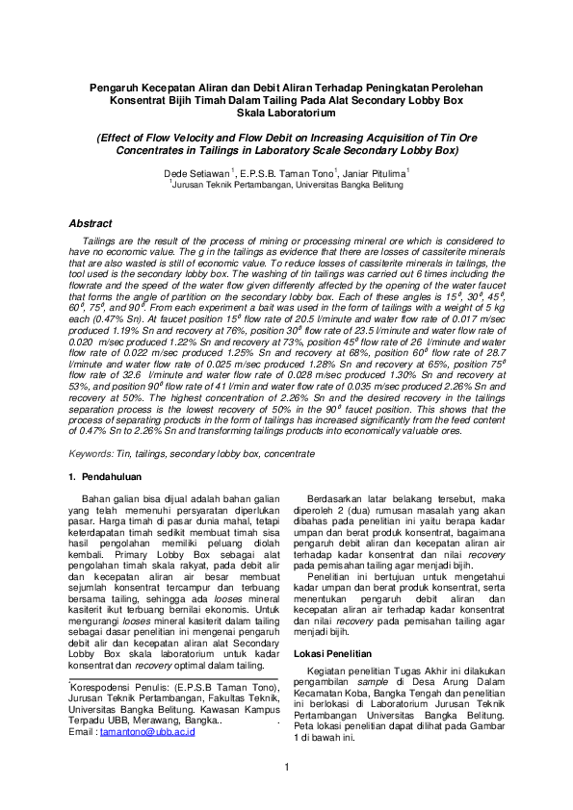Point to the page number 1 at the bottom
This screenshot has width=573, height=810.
coord(286,766)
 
